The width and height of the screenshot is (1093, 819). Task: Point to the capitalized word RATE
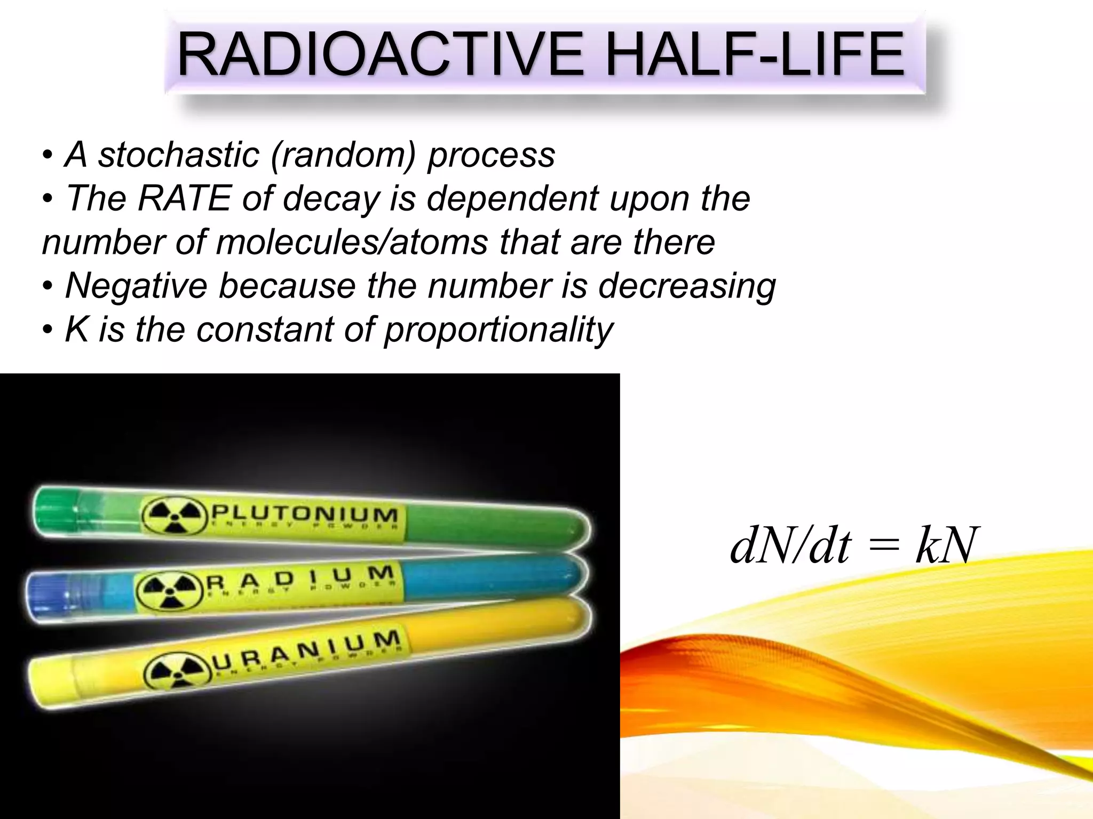pos(184,198)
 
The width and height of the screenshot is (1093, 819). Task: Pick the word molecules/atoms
pos(352,242)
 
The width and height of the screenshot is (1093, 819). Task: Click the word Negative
pos(136,286)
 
